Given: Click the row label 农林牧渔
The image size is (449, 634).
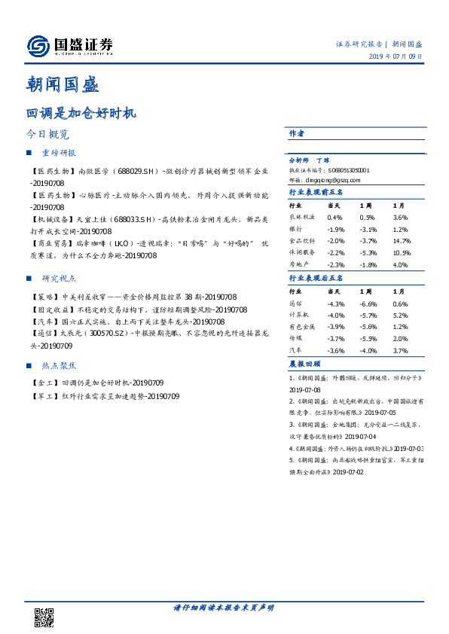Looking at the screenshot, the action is [x=302, y=217].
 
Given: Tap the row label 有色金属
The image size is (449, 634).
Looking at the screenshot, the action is [x=302, y=327].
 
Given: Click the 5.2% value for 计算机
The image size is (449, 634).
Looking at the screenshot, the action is [x=399, y=315].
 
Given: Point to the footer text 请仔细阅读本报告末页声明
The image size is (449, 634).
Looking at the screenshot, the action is [x=224, y=607].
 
